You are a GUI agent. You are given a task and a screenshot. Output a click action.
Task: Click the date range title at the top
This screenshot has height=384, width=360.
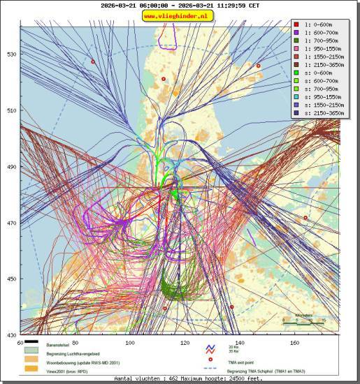pyautogui.click(x=179, y=5)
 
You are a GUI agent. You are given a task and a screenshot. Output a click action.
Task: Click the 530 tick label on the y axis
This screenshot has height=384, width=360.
pyautogui.click(x=13, y=54)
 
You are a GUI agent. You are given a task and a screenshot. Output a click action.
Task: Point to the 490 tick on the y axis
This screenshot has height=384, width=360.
pyautogui.click(x=13, y=167)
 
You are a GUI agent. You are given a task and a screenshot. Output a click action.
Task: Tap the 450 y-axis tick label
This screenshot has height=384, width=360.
pyautogui.click(x=13, y=279)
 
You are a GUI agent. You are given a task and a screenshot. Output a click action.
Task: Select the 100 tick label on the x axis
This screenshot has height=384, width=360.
pyautogui.click(x=129, y=343)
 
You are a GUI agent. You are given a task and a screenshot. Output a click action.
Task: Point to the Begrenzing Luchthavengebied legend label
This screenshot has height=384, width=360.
pyautogui.click(x=77, y=353)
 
